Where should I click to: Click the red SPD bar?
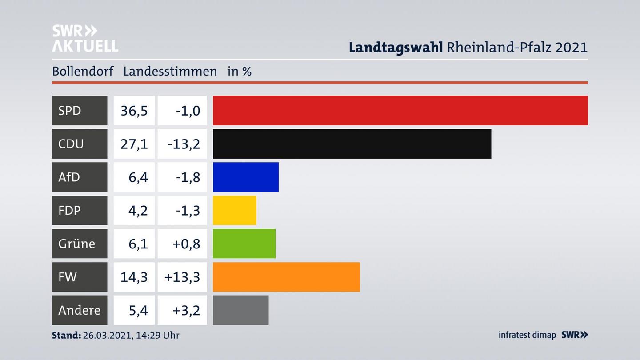tap(400, 110)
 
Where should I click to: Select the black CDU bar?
tap(352, 144)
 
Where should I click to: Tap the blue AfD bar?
tap(246, 177)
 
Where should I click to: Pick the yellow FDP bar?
tap(235, 210)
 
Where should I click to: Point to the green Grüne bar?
tap(244, 244)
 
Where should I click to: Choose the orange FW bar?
tap(286, 277)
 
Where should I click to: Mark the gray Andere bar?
tap(240, 310)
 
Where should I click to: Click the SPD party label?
tap(70, 110)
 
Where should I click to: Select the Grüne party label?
tap(76, 244)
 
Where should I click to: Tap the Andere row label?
tap(79, 310)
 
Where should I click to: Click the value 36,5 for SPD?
tap(134, 110)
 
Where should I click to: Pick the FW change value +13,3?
tap(182, 277)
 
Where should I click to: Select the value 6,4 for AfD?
tap(138, 177)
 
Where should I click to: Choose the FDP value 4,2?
tap(138, 210)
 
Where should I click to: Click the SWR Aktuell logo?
tap(85, 38)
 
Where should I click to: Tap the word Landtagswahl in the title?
tap(396, 47)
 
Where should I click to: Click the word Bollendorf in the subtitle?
tap(83, 71)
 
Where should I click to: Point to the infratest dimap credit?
tap(527, 335)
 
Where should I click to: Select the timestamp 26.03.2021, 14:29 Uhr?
tap(131, 335)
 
